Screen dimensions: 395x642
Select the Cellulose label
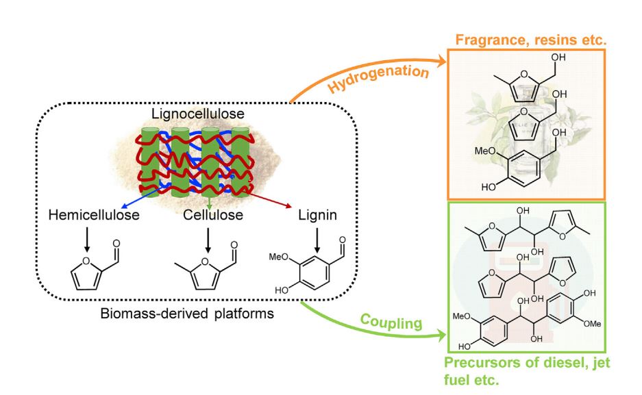click(x=208, y=216)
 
